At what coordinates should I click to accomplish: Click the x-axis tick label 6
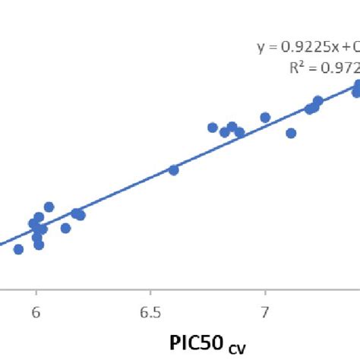pyautogui.click(x=36, y=313)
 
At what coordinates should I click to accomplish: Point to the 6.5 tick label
pyautogui.click(x=150, y=313)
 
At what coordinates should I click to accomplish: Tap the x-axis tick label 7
pyautogui.click(x=265, y=313)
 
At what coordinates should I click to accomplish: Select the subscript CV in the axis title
pyautogui.click(x=236, y=346)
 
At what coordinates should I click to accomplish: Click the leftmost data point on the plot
pyautogui.click(x=18, y=249)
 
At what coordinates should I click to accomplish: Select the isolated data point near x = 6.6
pyautogui.click(x=173, y=170)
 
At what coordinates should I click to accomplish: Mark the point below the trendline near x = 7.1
pyautogui.click(x=291, y=133)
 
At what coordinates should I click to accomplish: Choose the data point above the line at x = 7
pyautogui.click(x=265, y=118)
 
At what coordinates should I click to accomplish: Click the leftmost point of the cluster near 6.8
pyautogui.click(x=213, y=128)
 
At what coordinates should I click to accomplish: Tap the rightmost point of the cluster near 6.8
pyautogui.click(x=240, y=132)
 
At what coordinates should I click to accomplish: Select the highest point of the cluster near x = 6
pyautogui.click(x=49, y=207)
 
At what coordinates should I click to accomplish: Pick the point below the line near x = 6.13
pyautogui.click(x=65, y=228)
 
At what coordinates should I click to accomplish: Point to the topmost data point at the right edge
pyautogui.click(x=358, y=86)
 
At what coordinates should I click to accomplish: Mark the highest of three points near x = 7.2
pyautogui.click(x=317, y=101)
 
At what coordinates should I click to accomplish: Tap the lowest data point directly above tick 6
pyautogui.click(x=39, y=245)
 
